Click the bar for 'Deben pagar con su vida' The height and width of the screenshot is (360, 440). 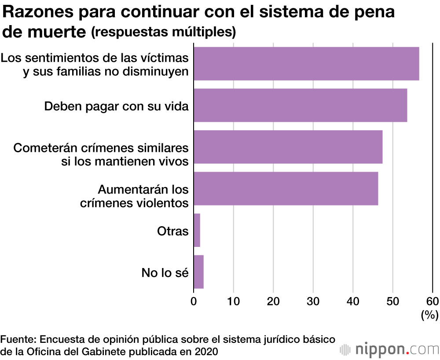click(300, 105)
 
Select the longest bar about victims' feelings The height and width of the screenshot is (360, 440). click(306, 64)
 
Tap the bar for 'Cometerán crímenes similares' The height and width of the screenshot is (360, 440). click(288, 147)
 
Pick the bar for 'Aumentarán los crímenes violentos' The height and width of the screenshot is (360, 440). click(286, 188)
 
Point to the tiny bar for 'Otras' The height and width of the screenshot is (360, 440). click(197, 230)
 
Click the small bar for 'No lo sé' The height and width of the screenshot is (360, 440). click(198, 272)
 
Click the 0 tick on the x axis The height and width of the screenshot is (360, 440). click(194, 301)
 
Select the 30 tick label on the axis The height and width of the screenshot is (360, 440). click(313, 301)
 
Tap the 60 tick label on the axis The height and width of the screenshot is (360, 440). click(433, 301)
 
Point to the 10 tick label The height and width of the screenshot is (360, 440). click(234, 301)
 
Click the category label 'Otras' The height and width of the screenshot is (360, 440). click(172, 231)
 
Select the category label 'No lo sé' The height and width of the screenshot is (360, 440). click(165, 273)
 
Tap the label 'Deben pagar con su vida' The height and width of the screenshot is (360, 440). click(117, 106)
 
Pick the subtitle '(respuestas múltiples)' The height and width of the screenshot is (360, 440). click(163, 32)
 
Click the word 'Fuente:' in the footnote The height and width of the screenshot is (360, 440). click(18, 340)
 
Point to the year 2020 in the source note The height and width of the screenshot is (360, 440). click(207, 351)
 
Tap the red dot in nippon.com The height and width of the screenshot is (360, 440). click(408, 353)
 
